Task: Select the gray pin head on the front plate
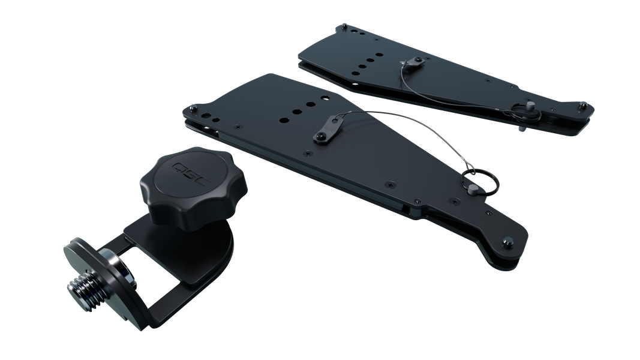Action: tap(473, 188)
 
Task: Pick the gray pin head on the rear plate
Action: tap(530, 106)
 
